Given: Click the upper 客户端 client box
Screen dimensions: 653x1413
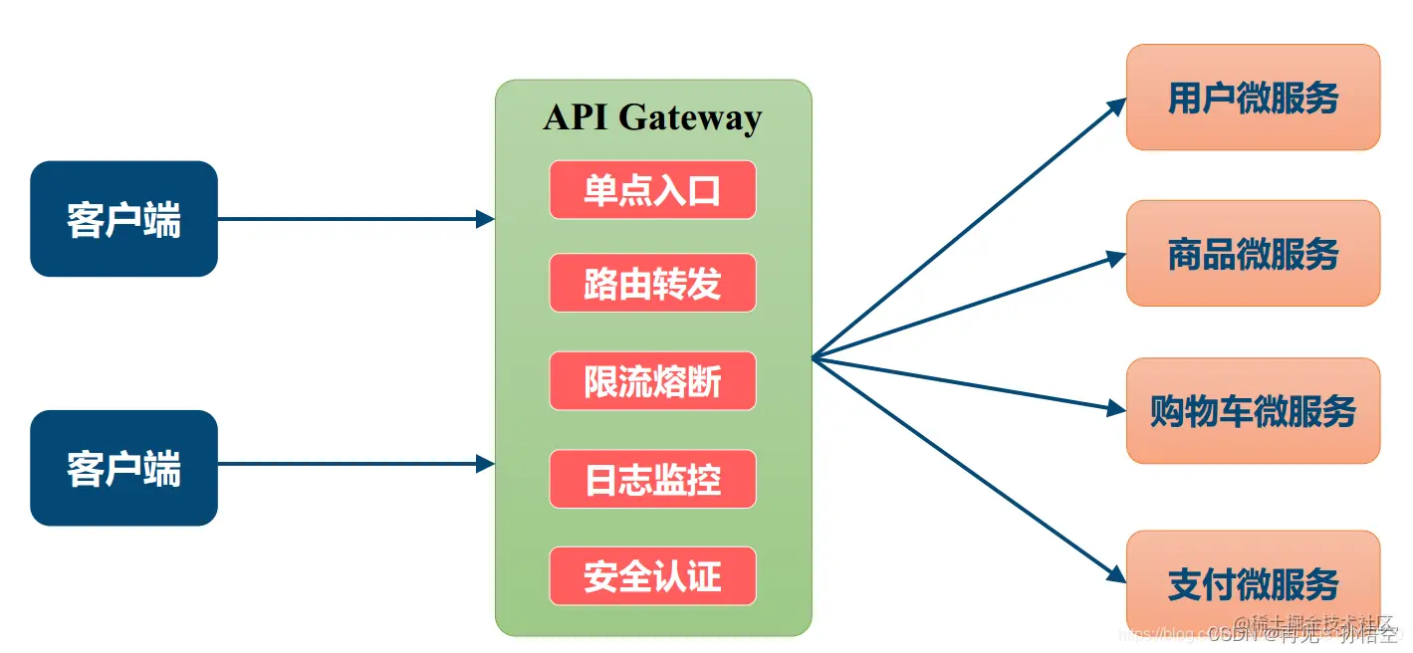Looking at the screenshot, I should pos(123,219).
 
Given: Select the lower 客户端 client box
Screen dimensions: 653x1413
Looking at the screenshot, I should pos(123,468).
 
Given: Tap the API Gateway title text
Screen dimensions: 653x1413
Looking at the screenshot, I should pos(652,117).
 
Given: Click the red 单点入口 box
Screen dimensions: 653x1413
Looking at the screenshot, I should pos(652,190).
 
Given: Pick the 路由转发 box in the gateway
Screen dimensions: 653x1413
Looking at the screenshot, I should pos(652,284).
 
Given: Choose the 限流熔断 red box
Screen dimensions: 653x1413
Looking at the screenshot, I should pos(652,382).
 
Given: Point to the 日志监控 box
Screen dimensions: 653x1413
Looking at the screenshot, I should pos(652,480).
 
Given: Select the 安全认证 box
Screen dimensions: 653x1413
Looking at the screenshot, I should pos(652,576).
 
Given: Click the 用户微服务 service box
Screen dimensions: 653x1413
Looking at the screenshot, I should pos(1253,98).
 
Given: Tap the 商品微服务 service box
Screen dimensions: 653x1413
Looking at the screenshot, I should pos(1253,254).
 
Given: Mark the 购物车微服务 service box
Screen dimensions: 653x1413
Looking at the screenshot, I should pos(1253,410).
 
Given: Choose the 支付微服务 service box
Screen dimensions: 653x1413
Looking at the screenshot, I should pos(1253,583).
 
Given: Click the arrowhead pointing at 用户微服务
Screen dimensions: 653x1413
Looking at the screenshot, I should pos(1117,106).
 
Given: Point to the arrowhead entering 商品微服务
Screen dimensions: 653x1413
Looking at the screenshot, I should pos(1116,257).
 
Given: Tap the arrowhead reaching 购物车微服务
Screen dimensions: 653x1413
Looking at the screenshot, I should pos(1115,407).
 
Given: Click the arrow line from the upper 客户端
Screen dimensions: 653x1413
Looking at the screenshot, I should pos(349,219).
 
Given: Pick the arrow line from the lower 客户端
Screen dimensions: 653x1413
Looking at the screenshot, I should pos(349,463).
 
